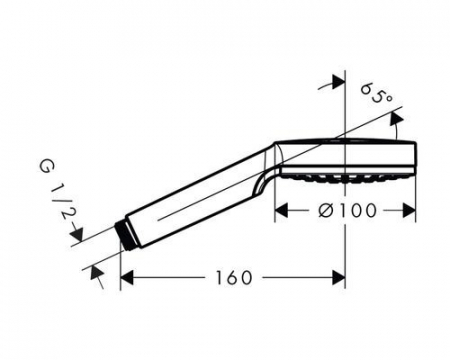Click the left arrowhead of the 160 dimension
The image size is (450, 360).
(x=128, y=277)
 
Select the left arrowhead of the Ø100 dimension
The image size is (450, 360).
(x=283, y=209)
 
